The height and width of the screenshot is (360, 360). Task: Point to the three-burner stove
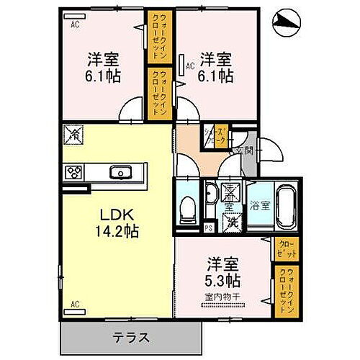[74, 172]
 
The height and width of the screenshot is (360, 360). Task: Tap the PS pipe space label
[209, 228]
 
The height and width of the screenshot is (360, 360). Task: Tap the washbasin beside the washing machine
[211, 194]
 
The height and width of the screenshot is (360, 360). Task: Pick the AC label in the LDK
[73, 303]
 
